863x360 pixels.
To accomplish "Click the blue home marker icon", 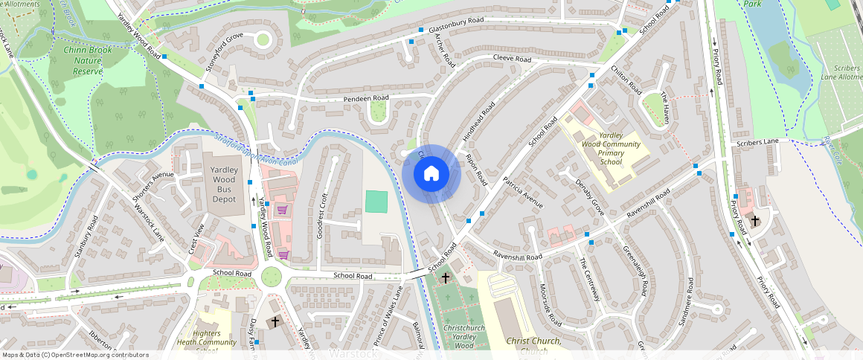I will click(x=431, y=174).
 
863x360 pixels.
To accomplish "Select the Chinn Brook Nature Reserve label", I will click(x=77, y=60).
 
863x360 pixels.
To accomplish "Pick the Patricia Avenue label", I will click(x=522, y=193).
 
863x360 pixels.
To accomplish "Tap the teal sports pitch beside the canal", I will click(x=376, y=201).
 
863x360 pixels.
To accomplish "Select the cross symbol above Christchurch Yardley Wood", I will click(x=446, y=277).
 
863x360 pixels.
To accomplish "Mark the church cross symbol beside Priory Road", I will click(x=754, y=220).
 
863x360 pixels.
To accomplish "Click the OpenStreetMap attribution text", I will click(x=74, y=355).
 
